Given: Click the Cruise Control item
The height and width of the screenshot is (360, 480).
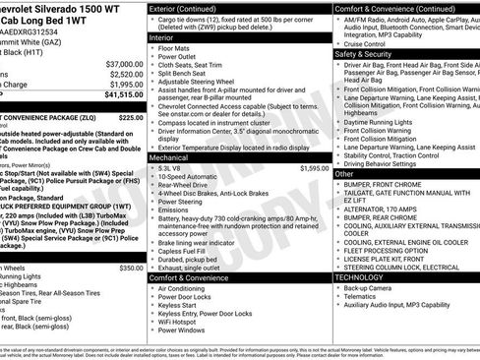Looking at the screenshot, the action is click(x=370, y=43).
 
